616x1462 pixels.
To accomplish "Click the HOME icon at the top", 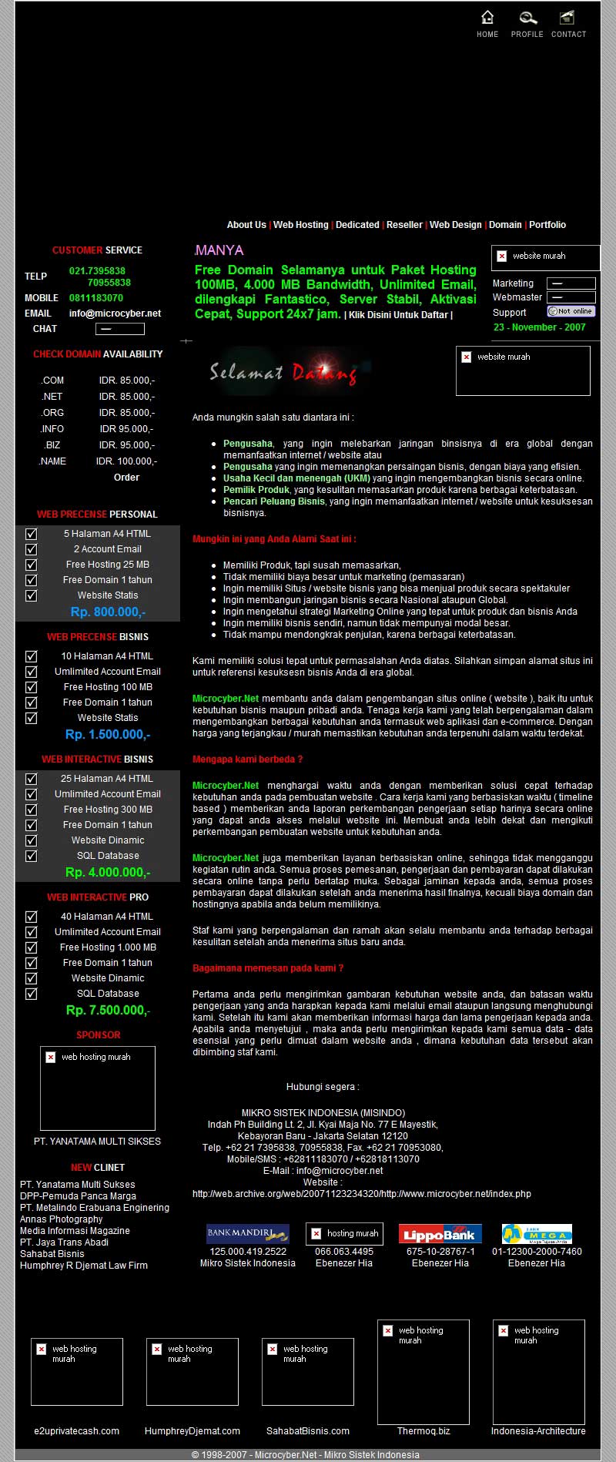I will [487, 18].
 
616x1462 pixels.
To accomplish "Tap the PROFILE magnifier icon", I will [527, 18].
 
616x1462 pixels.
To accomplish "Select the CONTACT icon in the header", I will [567, 18].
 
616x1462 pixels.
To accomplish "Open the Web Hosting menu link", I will [300, 225].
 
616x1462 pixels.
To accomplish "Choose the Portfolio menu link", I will [547, 225].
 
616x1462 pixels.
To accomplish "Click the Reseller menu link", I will [404, 225].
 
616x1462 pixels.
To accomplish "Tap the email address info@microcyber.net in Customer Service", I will [115, 314].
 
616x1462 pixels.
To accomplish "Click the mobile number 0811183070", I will [96, 298].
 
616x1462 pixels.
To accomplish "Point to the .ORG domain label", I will [53, 413].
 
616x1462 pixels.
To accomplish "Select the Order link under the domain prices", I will [126, 478].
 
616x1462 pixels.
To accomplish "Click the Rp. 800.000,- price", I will [108, 612].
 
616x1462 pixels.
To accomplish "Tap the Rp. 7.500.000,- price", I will [108, 1011].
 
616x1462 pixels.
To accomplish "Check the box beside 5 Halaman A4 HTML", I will [32, 534].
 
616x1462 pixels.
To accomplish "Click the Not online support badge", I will [571, 311].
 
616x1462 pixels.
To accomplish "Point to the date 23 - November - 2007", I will [539, 327].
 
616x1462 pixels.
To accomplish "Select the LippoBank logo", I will [440, 1234].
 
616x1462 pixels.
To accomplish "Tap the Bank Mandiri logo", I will [247, 1233].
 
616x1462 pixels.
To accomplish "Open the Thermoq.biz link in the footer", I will [423, 1431].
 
